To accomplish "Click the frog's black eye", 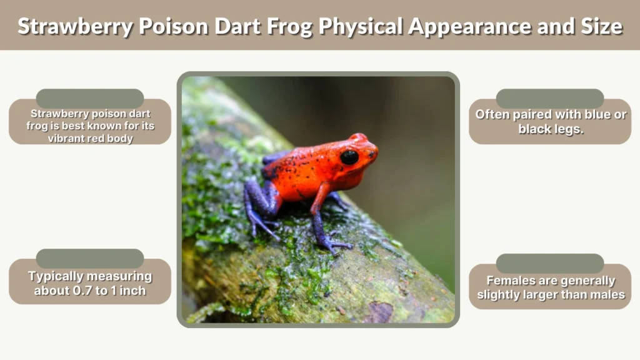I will (349, 157).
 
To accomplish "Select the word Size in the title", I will (599, 26).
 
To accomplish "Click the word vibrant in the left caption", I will (67, 138).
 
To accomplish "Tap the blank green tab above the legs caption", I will (550, 98).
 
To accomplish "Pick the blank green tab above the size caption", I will (90, 258).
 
